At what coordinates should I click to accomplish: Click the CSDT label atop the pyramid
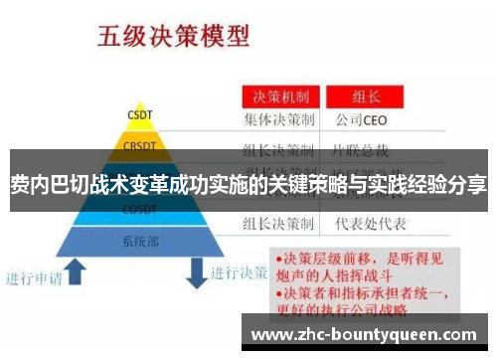138,113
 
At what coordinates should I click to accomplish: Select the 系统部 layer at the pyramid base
138,241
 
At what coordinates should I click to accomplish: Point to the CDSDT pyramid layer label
138,209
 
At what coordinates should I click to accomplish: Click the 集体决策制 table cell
281,121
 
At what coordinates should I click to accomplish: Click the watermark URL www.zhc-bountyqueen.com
365,335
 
